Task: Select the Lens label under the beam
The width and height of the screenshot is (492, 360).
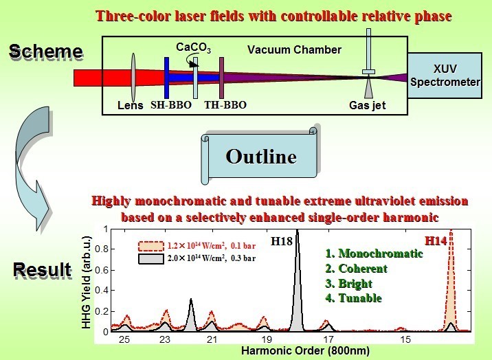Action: (131, 105)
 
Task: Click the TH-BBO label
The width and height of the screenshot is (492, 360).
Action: (225, 105)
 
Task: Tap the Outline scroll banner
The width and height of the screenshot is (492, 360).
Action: (261, 156)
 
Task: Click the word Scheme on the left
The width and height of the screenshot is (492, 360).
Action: (45, 52)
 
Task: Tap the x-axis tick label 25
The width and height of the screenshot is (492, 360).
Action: (124, 339)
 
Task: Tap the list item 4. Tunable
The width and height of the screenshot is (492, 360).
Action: (355, 298)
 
